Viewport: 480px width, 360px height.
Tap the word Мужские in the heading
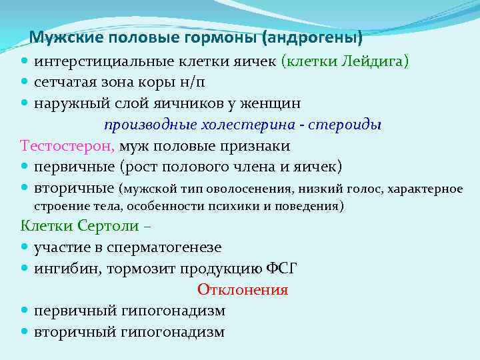click(59, 37)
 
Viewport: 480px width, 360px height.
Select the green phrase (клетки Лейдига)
click(345, 62)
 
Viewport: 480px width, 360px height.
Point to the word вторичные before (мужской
click(73, 187)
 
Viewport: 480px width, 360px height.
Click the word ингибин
click(65, 268)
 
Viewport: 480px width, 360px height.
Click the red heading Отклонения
click(243, 290)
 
